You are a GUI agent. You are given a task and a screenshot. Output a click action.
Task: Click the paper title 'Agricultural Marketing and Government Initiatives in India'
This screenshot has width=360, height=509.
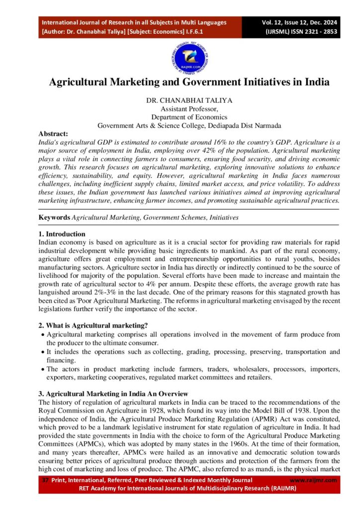[189, 82]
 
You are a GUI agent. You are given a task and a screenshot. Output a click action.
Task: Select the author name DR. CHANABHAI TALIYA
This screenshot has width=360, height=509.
[189, 100]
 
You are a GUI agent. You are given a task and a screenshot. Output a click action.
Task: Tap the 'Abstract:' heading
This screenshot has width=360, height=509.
[54, 134]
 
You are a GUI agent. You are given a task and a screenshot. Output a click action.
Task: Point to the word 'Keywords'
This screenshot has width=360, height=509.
[55, 218]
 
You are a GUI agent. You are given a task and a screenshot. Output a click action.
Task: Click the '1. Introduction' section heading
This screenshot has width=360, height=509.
[62, 234]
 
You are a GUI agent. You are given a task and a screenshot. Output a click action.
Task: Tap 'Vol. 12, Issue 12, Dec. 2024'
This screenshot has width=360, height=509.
[300, 22]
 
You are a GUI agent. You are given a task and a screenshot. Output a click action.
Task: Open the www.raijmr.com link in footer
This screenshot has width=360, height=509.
[313, 480]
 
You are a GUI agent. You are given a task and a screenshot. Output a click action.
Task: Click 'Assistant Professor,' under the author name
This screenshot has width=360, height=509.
[189, 108]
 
